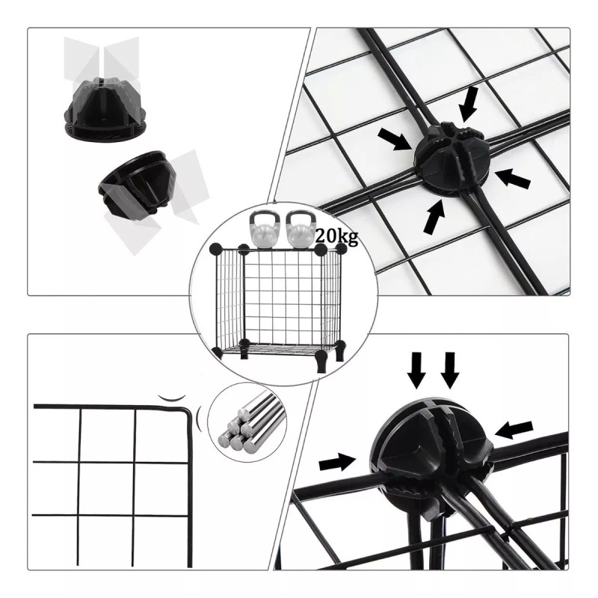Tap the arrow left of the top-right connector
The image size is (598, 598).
pos(394,139)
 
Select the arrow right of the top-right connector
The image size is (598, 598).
pos(514,177)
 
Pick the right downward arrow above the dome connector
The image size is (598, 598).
pos(449,369)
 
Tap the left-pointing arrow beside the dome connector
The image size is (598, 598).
pos(514,428)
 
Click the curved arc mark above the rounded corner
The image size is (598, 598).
pos(174,396)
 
